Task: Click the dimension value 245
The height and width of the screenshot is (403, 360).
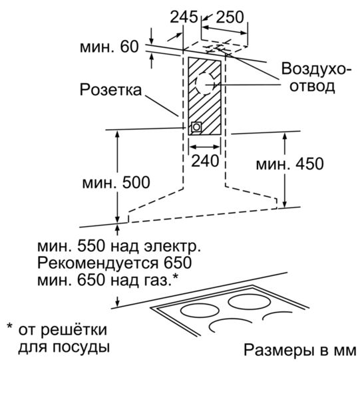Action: click(184, 17)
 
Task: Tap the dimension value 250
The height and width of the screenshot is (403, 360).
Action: click(230, 17)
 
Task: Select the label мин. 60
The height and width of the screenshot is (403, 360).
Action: click(109, 47)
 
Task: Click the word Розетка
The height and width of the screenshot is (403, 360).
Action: click(111, 90)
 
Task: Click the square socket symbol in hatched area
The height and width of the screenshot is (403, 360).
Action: click(196, 127)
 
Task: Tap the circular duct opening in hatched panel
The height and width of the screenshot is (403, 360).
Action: click(205, 83)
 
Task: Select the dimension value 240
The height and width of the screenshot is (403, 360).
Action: click(205, 161)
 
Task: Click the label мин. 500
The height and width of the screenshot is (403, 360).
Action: click(116, 182)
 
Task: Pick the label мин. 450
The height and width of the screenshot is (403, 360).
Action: click(290, 164)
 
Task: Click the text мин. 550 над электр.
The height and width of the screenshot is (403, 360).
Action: click(119, 246)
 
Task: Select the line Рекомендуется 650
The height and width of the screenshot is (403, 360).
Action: click(114, 263)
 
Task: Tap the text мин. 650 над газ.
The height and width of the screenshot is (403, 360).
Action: click(108, 279)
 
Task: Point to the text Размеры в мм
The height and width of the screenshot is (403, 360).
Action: click(299, 350)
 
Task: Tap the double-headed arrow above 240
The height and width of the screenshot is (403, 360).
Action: click(205, 147)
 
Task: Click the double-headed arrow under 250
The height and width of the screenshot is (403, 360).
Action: click(224, 29)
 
